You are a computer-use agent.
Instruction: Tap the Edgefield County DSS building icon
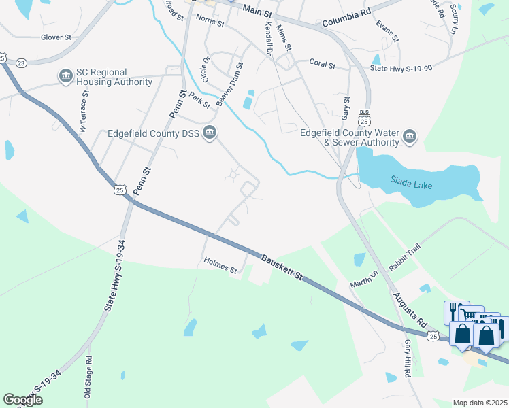(210, 133)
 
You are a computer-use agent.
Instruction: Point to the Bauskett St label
(282, 267)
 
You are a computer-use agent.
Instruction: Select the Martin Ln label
(364, 277)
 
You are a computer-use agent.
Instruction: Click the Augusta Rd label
(409, 309)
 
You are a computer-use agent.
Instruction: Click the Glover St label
(56, 37)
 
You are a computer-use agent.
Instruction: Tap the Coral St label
(323, 64)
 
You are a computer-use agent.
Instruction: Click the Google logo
(22, 400)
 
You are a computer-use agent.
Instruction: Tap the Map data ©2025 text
(480, 403)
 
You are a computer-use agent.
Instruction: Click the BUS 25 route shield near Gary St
(365, 116)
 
